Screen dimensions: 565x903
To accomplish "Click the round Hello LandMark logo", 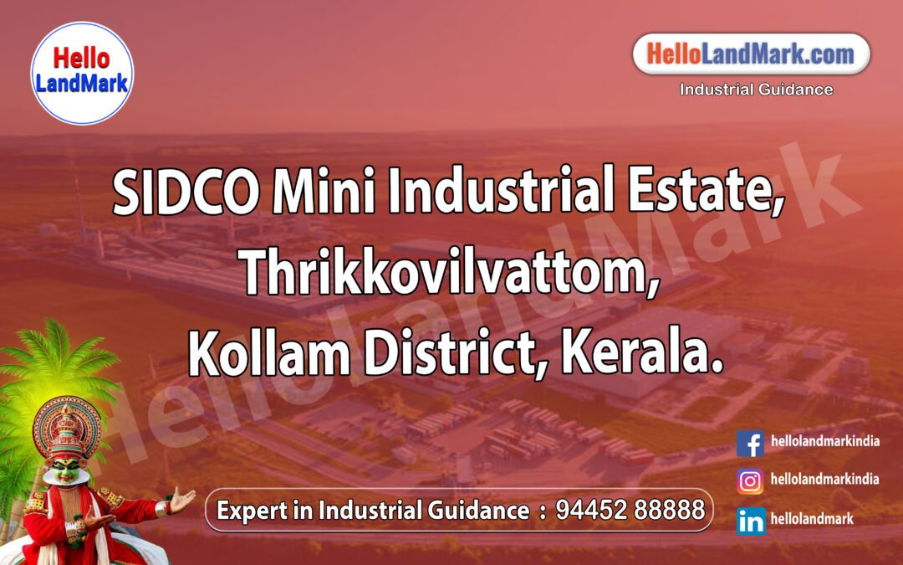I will click(81, 73).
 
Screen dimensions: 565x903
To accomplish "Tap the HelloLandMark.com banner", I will click(751, 55).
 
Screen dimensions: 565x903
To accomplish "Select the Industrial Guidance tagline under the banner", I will click(756, 90).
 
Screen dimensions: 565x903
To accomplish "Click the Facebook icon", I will click(750, 443).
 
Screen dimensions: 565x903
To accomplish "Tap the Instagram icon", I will click(750, 481).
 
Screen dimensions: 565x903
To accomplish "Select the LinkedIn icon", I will click(750, 521).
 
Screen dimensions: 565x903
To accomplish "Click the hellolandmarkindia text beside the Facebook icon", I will click(824, 441).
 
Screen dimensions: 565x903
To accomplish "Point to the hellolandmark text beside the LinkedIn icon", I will click(812, 519).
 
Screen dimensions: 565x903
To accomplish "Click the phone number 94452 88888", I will click(630, 510).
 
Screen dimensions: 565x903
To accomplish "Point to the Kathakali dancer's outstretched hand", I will click(181, 501).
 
